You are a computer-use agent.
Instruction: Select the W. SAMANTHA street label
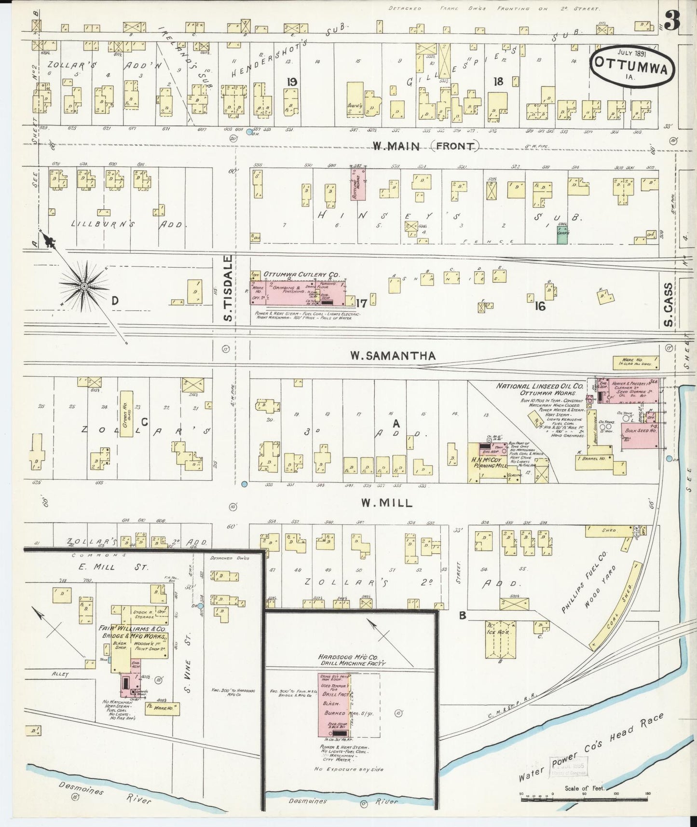(393, 356)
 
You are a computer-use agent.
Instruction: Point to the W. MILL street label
(387, 503)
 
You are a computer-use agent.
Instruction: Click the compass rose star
(83, 286)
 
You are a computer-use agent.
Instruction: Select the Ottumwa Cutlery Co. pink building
(297, 291)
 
